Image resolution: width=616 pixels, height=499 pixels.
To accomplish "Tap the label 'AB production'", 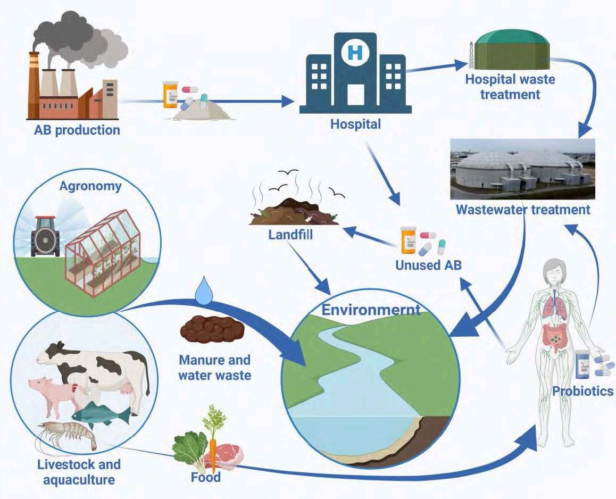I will click(74, 129).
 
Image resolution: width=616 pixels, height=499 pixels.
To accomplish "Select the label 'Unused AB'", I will click(428, 265).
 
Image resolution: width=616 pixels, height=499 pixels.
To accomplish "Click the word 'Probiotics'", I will click(582, 392).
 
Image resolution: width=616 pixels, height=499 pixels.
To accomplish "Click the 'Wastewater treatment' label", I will click(523, 210).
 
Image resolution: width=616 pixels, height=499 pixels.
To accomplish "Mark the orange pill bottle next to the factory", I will click(170, 94).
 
